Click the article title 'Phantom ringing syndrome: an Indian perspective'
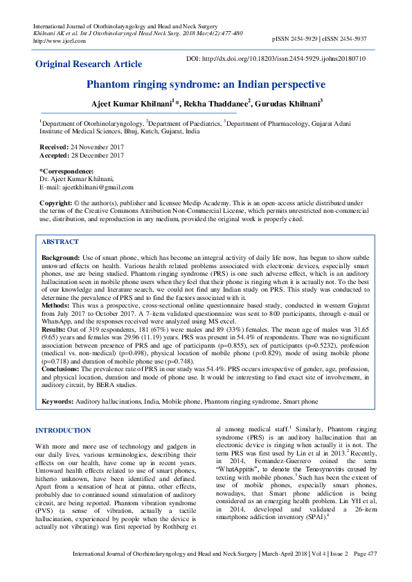(206, 84)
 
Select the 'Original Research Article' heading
(89, 64)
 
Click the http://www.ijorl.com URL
(60, 41)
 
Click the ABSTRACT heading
(60, 242)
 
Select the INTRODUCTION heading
(63, 430)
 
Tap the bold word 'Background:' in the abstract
(60, 256)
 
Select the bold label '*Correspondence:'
(66, 171)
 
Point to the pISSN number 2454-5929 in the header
(310, 41)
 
